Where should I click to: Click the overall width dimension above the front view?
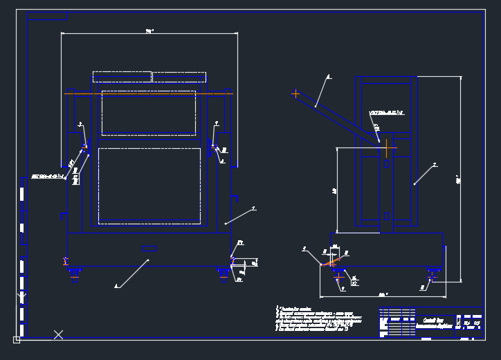pos(149,31)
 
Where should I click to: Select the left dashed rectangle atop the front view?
pos(122,77)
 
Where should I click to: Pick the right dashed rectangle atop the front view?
pos(179,77)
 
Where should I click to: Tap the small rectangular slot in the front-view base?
pos(149,249)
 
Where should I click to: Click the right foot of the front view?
pos(224,274)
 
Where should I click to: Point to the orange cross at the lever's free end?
pos(295,93)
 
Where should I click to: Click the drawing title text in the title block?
pos(434,323)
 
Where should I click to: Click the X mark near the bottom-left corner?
pos(58,334)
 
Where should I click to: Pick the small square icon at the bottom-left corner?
pos(17,339)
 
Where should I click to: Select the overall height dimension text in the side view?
pos(459,180)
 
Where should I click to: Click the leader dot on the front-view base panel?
pos(148,260)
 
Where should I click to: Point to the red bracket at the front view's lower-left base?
pos(65,261)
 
